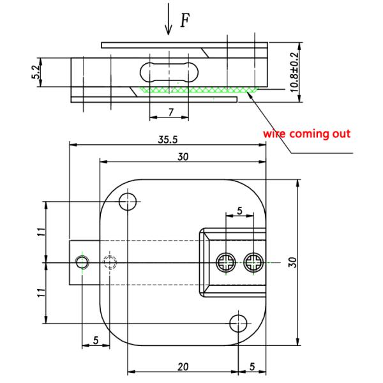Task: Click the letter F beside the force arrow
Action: click(x=184, y=20)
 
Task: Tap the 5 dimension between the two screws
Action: click(x=239, y=211)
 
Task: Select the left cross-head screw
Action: click(x=225, y=262)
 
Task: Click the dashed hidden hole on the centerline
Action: click(x=110, y=262)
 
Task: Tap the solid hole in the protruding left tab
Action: click(x=81, y=262)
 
